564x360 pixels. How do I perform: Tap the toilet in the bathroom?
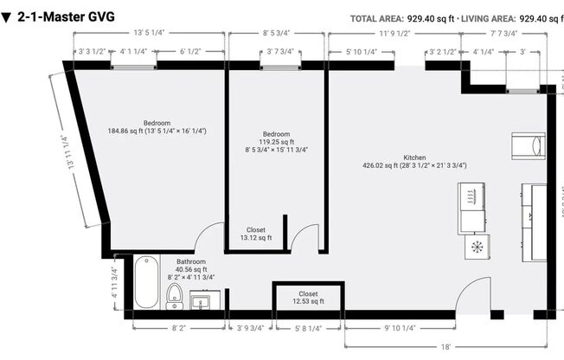(175, 297)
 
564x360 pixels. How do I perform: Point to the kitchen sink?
(471, 196)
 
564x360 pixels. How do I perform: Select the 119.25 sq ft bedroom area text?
(276, 141)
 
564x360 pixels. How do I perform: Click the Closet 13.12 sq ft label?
(256, 234)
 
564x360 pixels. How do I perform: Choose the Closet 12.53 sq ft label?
(308, 297)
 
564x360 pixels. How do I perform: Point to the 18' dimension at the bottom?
(445, 346)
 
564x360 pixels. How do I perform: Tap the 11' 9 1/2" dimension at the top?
(394, 34)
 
